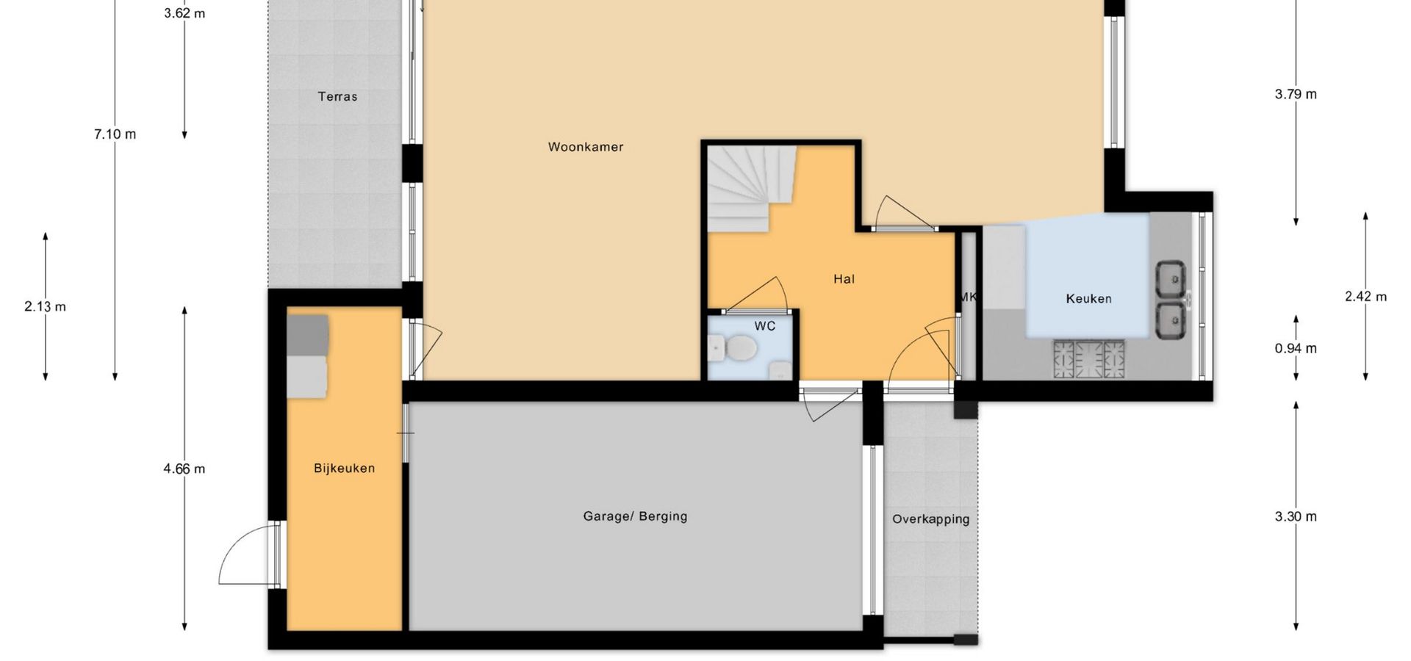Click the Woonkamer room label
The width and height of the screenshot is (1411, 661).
tap(586, 147)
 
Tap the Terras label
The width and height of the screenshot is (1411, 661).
tap(337, 96)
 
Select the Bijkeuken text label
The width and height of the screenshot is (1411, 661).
tap(344, 469)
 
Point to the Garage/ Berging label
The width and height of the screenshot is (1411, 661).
tap(635, 516)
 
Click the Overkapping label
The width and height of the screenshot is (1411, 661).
tap(930, 519)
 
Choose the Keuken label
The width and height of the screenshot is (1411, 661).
tap(1088, 299)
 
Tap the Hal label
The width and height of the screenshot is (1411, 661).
tap(844, 279)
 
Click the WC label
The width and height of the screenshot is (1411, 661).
tap(764, 326)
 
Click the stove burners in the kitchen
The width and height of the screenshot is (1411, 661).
tap(1089, 359)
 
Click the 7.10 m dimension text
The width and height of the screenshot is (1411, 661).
tap(115, 134)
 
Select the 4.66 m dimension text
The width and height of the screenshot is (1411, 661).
tap(184, 469)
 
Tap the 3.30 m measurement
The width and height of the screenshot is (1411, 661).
tap(1296, 516)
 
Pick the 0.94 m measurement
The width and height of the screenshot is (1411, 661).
tap(1296, 348)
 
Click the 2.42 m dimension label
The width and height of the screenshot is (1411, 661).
tap(1365, 297)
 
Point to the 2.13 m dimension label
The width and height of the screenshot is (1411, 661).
tap(45, 306)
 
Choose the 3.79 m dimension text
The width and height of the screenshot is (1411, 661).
tap(1296, 94)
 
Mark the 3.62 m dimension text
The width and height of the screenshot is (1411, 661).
tap(184, 13)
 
